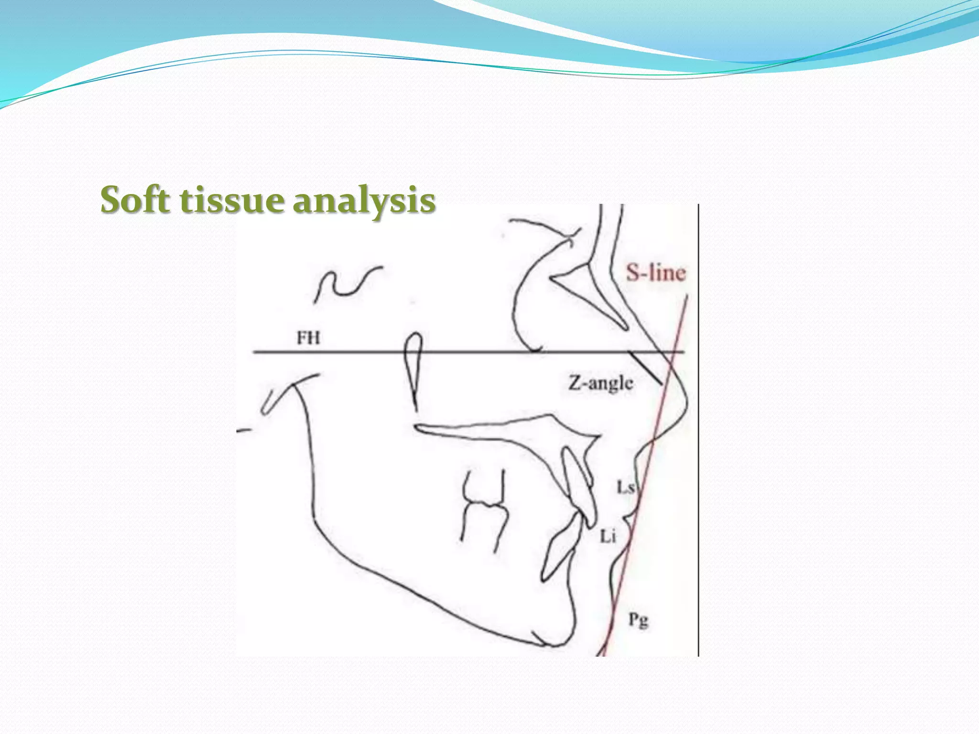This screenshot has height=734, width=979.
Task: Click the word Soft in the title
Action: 135,200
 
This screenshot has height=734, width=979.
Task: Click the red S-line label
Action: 656,273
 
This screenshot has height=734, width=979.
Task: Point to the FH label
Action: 308,338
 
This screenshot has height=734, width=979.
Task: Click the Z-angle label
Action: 600,383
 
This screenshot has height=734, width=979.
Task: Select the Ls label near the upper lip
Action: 625,487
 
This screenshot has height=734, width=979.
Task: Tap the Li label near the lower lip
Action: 608,537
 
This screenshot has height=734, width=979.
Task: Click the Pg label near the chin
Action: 638,620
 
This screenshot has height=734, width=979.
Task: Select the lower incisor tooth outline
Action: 559,550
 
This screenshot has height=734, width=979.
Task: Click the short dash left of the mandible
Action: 244,431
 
